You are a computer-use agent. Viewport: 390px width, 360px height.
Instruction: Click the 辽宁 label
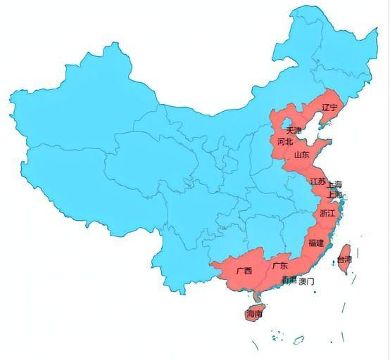(x=329, y=108)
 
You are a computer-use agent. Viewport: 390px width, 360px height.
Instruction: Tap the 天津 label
(x=294, y=131)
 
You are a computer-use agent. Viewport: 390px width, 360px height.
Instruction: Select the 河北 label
(x=284, y=141)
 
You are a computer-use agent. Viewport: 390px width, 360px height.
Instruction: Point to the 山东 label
(x=301, y=155)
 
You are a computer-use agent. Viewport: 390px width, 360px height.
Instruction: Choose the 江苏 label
(x=317, y=181)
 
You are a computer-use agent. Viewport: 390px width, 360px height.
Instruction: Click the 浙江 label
(x=328, y=212)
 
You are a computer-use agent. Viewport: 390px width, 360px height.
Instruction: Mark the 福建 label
(x=316, y=243)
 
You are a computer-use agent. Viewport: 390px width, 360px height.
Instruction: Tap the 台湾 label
(x=344, y=259)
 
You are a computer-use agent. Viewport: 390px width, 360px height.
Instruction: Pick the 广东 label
(x=279, y=266)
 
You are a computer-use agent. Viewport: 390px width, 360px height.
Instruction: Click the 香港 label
(x=289, y=281)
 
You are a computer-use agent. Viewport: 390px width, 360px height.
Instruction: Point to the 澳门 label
(x=306, y=281)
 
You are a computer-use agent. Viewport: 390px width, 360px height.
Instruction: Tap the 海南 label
(x=255, y=314)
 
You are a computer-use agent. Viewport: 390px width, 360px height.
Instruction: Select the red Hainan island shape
(x=252, y=311)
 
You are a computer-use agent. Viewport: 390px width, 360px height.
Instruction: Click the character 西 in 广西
(x=249, y=271)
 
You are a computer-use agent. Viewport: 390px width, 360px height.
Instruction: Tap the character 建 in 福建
(x=320, y=243)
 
